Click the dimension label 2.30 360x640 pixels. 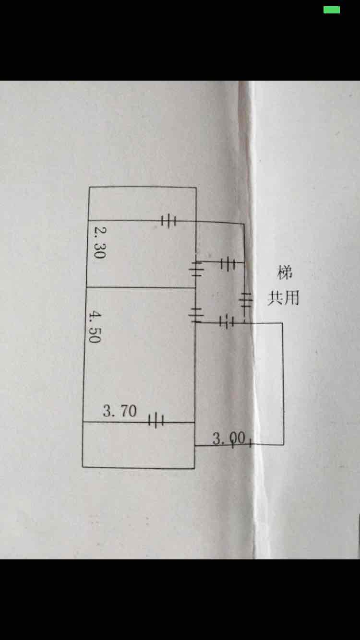pos(98,243)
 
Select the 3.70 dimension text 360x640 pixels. pos(120,411)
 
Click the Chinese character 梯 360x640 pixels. pos(284,273)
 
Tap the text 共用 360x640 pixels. pos(283,298)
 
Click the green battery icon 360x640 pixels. pos(332,10)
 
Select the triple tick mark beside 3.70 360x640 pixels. pos(156,421)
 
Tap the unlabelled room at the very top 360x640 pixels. pos(142,204)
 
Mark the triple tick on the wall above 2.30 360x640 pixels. pos(168,221)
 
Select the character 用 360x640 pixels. pos(291,298)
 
